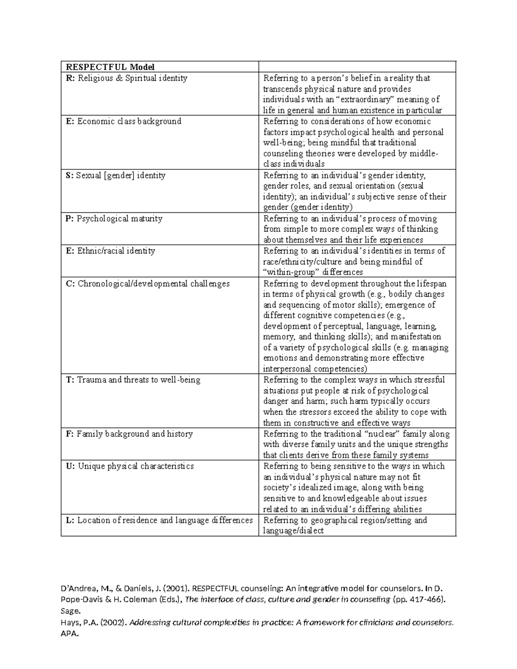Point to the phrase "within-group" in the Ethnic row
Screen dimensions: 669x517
click(291, 272)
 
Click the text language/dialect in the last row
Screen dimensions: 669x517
click(293, 531)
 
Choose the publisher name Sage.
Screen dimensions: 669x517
click(70, 611)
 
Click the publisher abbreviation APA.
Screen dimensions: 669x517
click(70, 634)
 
